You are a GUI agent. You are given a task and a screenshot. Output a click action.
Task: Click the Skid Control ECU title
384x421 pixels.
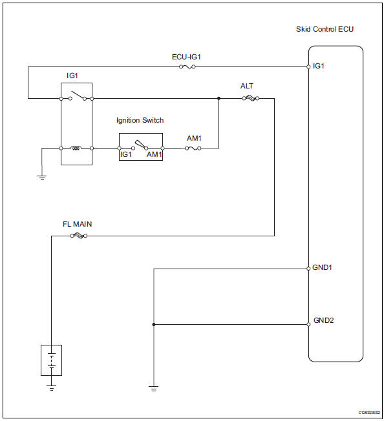325,30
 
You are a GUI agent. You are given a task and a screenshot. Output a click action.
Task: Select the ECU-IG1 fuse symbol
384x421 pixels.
187,67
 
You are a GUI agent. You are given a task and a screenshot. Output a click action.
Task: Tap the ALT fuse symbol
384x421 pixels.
249,99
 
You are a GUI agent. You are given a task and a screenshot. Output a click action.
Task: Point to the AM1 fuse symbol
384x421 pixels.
193,148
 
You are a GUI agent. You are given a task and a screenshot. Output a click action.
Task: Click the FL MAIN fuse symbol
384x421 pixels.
78,236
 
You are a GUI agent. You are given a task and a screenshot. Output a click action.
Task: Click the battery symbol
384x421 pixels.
52,361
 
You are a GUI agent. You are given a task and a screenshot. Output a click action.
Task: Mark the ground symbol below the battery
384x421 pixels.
52,387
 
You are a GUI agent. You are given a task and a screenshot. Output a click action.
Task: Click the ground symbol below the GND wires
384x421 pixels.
153,388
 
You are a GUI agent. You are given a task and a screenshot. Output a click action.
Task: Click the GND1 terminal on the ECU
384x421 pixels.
308,268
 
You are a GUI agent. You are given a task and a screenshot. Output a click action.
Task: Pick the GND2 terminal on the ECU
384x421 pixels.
308,324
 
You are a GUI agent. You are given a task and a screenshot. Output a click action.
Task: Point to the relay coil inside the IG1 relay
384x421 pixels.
76,148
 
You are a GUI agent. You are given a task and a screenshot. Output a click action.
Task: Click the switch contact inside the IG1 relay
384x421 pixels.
76,97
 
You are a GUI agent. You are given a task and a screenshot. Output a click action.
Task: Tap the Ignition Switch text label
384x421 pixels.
140,120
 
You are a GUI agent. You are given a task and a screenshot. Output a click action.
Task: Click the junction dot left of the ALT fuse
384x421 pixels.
219,99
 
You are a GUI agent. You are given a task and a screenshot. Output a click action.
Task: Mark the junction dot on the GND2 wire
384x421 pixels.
153,324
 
